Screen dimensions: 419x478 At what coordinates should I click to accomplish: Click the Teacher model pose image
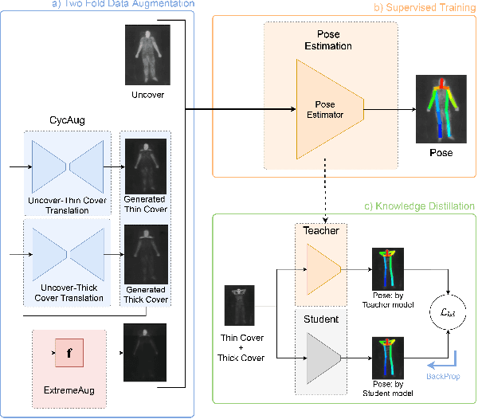coord(388,268)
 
